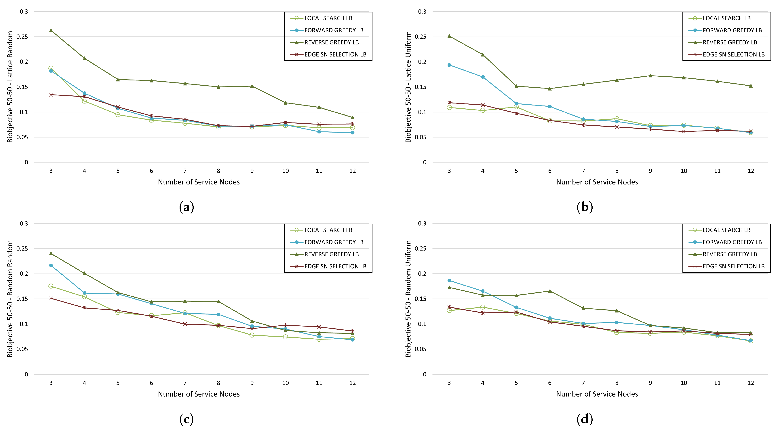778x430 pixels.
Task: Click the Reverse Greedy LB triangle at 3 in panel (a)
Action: coord(51,31)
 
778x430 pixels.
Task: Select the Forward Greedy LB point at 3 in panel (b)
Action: coord(449,65)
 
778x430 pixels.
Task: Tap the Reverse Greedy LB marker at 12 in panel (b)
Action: coord(751,86)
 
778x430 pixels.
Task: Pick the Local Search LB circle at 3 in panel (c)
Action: coord(51,286)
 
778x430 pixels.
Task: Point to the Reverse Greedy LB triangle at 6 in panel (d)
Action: coord(550,291)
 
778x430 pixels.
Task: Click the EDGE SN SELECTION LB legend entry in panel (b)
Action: coord(733,54)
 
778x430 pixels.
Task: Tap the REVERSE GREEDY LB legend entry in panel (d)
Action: coord(729,254)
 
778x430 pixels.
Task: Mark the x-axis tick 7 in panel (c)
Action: coord(185,383)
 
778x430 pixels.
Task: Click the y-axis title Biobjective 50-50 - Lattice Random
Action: coord(10,87)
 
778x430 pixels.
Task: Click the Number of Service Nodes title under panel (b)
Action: coord(597,182)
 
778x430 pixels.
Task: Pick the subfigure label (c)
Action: coord(186,419)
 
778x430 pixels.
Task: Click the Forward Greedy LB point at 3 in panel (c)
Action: coord(51,265)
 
